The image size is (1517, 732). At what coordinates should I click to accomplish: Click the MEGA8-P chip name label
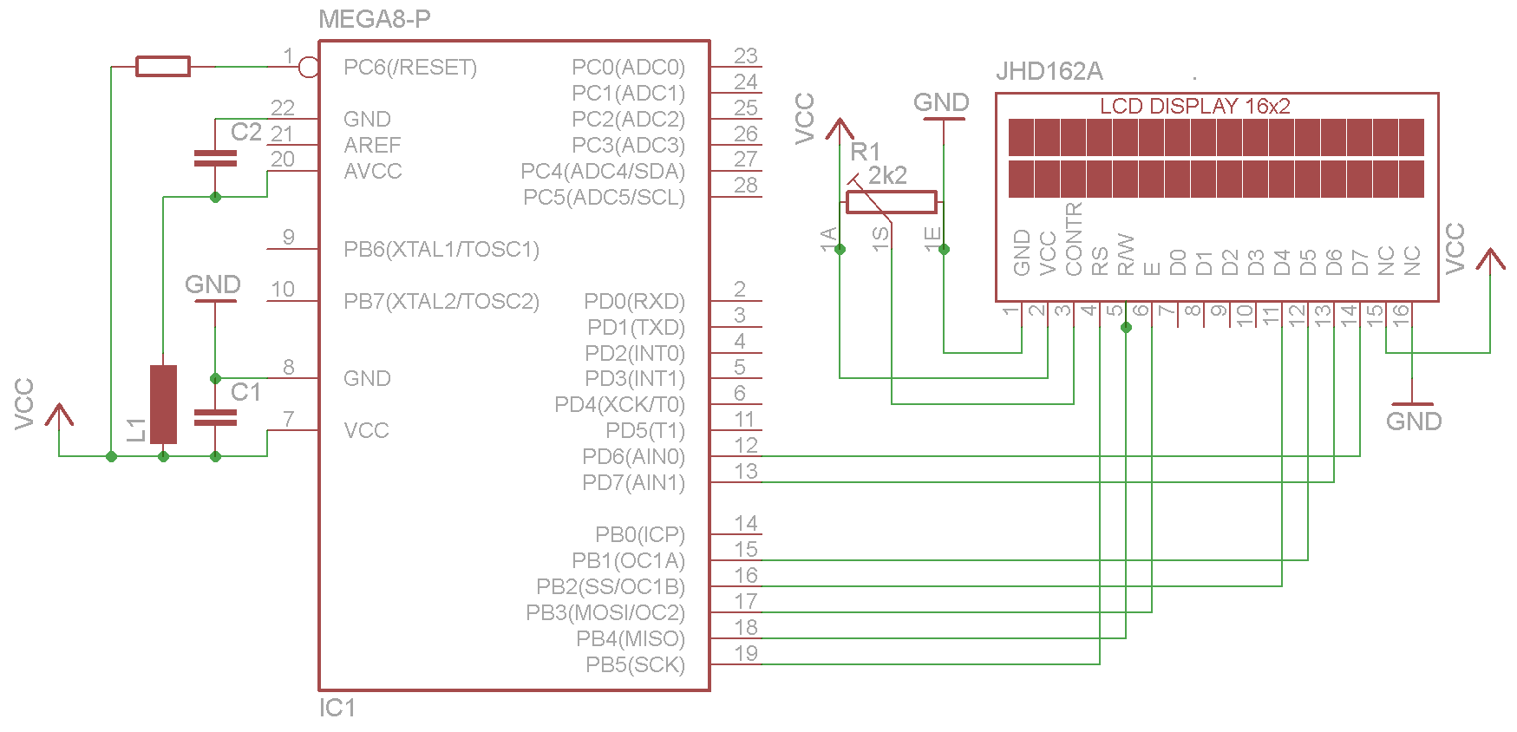click(374, 19)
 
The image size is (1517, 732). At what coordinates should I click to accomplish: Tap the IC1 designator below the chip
click(337, 708)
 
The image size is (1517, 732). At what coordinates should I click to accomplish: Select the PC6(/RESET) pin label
click(409, 68)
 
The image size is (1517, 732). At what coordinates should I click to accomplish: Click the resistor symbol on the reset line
click(163, 66)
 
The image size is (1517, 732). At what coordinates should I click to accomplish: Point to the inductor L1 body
click(163, 404)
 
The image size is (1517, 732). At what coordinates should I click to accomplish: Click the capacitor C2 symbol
click(215, 158)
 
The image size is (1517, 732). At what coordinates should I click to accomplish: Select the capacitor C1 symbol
click(215, 417)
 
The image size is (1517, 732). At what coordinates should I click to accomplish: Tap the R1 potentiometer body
click(891, 202)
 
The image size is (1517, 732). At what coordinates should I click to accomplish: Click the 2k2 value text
click(887, 175)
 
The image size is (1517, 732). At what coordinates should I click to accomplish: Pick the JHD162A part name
click(1049, 71)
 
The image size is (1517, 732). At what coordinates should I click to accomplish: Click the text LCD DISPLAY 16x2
click(1194, 106)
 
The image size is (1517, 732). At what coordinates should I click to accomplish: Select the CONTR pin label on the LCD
click(1074, 239)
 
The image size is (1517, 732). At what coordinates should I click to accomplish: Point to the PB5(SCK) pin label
click(635, 665)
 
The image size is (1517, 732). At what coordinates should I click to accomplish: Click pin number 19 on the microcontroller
click(746, 653)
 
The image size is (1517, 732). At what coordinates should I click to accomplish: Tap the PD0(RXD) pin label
click(634, 302)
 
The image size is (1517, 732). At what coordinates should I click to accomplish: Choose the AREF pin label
click(372, 145)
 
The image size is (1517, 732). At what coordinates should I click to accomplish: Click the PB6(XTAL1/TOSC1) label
click(441, 250)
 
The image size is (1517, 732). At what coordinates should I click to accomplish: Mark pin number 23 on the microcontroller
click(746, 56)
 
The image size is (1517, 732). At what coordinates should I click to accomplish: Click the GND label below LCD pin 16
click(1413, 422)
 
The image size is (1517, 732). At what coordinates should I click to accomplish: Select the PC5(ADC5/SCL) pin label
click(604, 198)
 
